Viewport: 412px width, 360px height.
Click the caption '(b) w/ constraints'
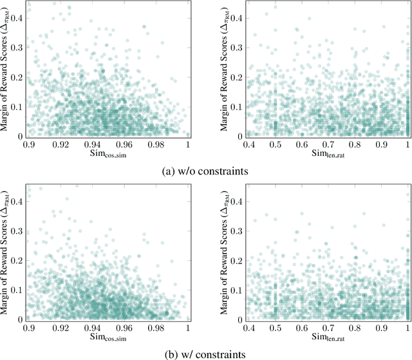(x=205, y=354)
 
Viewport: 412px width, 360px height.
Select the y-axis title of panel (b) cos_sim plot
(x=6, y=252)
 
